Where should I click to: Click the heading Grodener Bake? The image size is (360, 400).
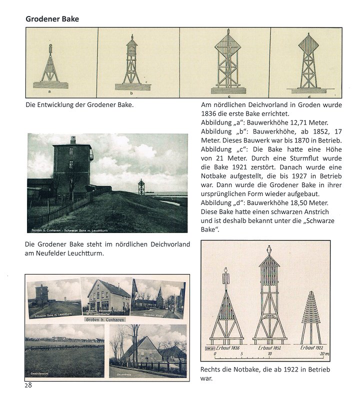(x=52, y=19)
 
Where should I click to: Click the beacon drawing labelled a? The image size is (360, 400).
(x=49, y=65)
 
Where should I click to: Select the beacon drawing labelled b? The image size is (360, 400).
(x=131, y=62)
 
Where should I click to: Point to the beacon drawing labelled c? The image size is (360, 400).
(x=227, y=62)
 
